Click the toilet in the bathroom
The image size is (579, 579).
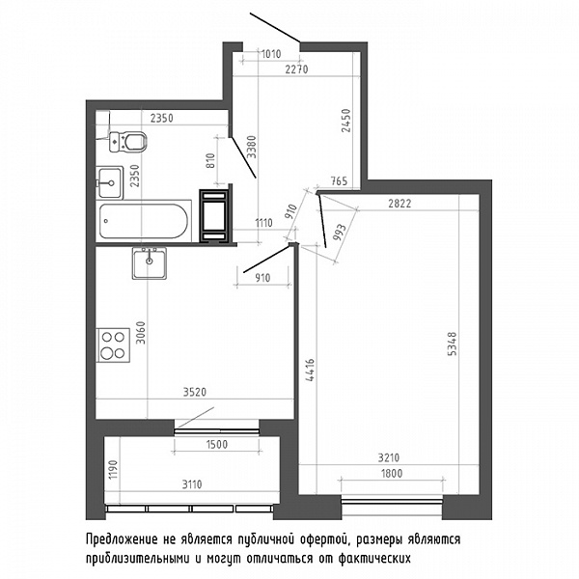pos(127,141)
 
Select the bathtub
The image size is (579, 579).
pos(144,221)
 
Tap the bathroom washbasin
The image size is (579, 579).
pos(109,182)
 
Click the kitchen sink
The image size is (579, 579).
pos(150,262)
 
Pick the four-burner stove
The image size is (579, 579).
pos(113,345)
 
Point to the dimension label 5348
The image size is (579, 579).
pos(452,344)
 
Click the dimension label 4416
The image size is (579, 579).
pos(310,370)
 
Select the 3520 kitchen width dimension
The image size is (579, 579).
pos(195,392)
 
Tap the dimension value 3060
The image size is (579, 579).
pos(141,333)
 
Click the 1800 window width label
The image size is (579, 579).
pos(391,473)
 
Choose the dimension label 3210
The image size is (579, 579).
pos(389,457)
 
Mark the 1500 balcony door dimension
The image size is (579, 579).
pos(217,444)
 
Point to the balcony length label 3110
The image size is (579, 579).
pos(192,484)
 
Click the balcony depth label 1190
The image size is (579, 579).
pos(113,469)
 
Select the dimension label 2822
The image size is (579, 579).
pos(400,204)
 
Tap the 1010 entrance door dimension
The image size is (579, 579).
pos(271,54)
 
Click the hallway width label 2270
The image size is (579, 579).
pos(296,69)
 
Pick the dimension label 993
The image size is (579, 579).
pos(340,233)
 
